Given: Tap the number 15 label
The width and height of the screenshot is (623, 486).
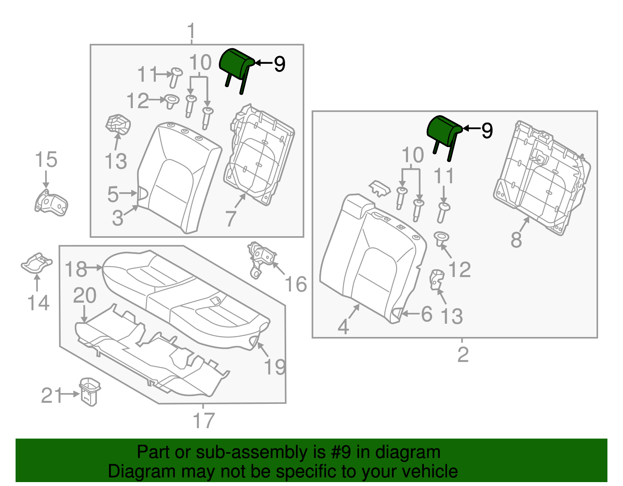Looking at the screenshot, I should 46,160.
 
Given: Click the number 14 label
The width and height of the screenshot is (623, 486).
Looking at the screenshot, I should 38,303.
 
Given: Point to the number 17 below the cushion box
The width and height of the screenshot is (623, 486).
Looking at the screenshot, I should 204,420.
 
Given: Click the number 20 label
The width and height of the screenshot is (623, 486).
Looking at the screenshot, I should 84,296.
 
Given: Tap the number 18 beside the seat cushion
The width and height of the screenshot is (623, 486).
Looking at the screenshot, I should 76,269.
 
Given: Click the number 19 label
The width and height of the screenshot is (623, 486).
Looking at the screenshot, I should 275,367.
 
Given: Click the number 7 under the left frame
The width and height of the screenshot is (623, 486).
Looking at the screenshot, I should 231,219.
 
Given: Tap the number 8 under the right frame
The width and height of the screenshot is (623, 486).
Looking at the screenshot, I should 516,240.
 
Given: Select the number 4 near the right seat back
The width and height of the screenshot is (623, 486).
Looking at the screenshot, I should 343,326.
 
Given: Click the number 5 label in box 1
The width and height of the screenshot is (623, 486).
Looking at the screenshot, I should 113,194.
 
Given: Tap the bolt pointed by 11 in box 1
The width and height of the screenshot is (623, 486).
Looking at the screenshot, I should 175,77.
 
